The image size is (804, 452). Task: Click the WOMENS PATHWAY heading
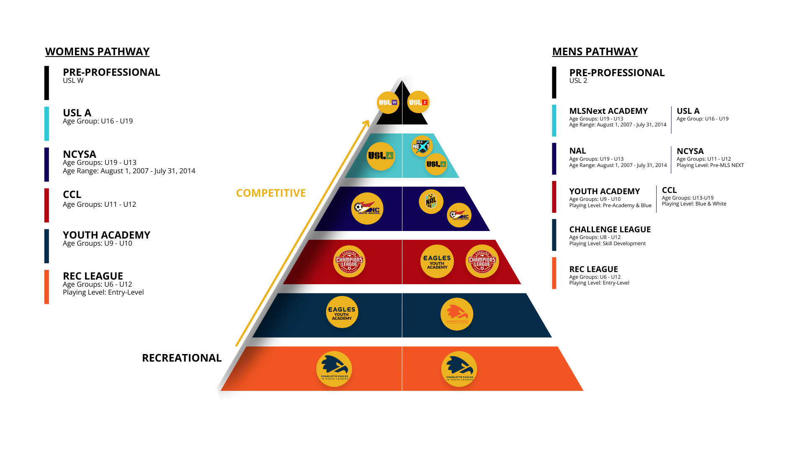(97, 51)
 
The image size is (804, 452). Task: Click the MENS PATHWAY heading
(595, 51)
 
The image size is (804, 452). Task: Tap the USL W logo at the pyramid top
(388, 103)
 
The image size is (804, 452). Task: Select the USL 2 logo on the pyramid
(418, 102)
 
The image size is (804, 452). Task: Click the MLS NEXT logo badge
(421, 146)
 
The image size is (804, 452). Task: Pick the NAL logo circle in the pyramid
(431, 201)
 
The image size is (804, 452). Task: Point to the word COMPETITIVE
(271, 193)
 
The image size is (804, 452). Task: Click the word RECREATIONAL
(181, 358)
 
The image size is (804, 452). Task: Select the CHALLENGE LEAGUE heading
(610, 229)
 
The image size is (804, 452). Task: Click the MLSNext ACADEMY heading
(608, 111)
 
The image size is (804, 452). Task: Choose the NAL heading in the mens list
(577, 151)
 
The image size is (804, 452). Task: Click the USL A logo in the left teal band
(381, 156)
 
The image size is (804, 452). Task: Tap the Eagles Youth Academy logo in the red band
(437, 262)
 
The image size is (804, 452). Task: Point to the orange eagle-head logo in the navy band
(456, 314)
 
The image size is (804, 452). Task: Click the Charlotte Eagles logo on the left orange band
(334, 369)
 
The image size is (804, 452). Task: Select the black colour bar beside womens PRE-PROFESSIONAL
(46, 83)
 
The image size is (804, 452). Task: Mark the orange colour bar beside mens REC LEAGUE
(554, 273)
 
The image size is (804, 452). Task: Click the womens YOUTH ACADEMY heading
(106, 235)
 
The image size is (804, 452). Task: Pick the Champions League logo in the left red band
(349, 262)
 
